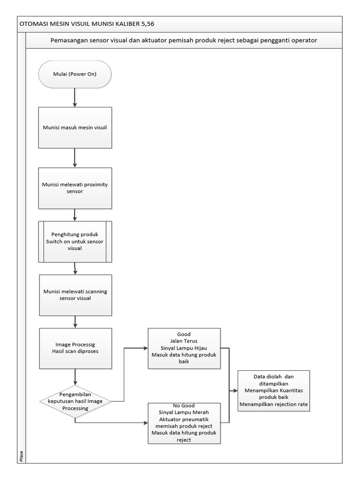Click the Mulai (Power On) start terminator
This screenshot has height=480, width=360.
(x=75, y=74)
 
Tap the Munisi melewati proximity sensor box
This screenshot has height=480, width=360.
(x=75, y=188)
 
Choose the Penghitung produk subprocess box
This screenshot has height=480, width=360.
(x=75, y=241)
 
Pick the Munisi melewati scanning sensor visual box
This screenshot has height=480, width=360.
(x=75, y=294)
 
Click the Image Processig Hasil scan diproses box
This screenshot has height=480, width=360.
(x=75, y=347)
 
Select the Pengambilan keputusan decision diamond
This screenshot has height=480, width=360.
(x=75, y=401)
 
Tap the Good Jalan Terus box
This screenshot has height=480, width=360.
(x=184, y=348)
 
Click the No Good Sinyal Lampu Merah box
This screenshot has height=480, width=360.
(x=184, y=423)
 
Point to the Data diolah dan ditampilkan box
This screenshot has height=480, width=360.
(x=274, y=390)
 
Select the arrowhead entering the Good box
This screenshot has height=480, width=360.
(x=145, y=348)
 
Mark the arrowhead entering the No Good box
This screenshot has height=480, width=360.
(x=145, y=423)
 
